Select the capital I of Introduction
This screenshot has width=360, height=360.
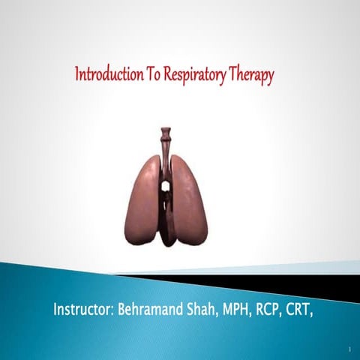tap(76, 73)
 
